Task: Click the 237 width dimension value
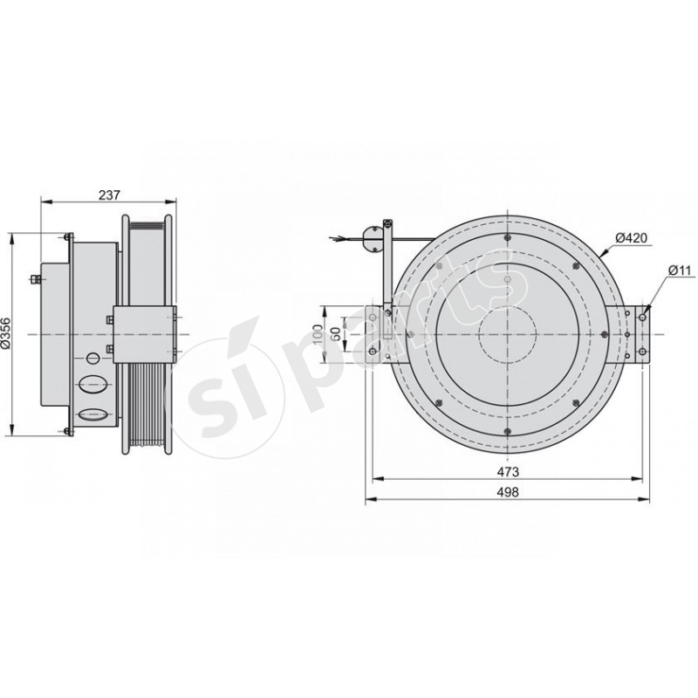pyautogui.click(x=109, y=195)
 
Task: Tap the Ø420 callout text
pyautogui.click(x=629, y=237)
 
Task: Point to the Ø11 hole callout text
pyautogui.click(x=680, y=270)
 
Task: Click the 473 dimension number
pyautogui.click(x=509, y=471)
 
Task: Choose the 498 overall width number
pyautogui.click(x=509, y=492)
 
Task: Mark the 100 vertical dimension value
pyautogui.click(x=318, y=335)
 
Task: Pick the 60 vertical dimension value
pyautogui.click(x=335, y=335)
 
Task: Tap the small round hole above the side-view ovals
pyautogui.click(x=92, y=359)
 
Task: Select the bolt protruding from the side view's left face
pyautogui.click(x=35, y=279)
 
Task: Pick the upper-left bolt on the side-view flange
pyautogui.click(x=67, y=236)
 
